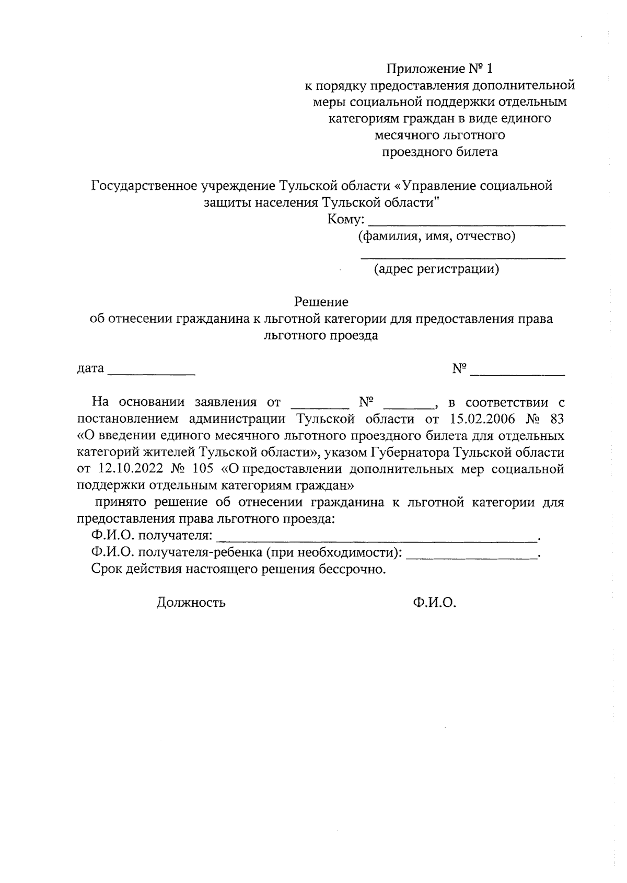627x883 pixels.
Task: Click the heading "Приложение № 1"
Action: click(x=439, y=69)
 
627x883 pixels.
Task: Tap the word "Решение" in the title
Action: click(x=321, y=302)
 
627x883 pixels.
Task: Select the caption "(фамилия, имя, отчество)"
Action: click(x=436, y=236)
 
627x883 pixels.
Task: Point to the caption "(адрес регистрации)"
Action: click(x=436, y=269)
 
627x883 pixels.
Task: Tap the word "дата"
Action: click(x=90, y=368)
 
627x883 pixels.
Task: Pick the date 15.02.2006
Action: click(x=482, y=419)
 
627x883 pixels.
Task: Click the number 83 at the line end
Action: click(x=557, y=419)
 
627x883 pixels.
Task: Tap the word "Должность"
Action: click(x=191, y=603)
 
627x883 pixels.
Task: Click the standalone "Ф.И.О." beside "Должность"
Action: click(x=434, y=603)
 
